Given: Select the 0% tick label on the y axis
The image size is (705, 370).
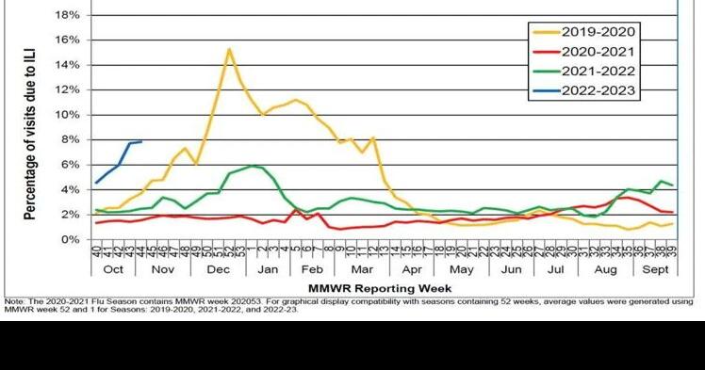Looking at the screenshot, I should point(70,240).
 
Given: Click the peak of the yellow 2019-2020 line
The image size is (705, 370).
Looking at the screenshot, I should point(229,49).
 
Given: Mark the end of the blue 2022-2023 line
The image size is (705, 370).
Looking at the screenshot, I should point(141,141).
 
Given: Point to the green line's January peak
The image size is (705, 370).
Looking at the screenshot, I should point(252,166).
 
